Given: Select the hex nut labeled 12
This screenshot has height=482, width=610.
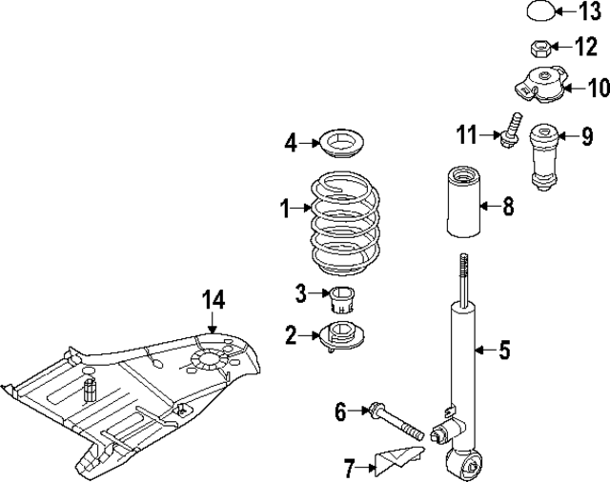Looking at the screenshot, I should [538, 47].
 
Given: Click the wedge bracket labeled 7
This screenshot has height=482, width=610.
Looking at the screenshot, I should [400, 463].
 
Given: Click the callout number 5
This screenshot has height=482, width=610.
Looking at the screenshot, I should [504, 351].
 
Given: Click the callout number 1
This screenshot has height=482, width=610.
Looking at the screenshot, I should [284, 207].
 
